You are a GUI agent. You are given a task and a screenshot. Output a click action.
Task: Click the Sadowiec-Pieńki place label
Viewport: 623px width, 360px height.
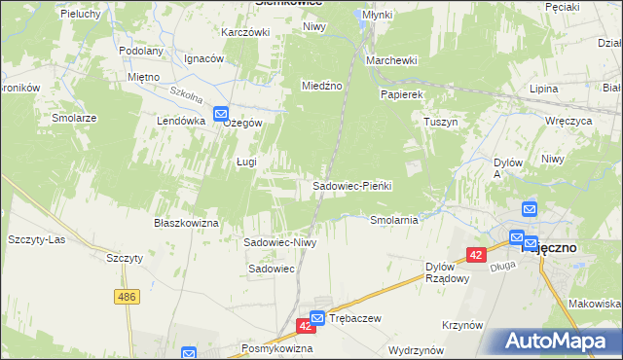351,186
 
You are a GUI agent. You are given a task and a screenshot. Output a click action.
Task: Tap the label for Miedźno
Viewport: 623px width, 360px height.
322,86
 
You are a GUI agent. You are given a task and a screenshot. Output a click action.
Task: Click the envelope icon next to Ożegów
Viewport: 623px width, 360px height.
221,113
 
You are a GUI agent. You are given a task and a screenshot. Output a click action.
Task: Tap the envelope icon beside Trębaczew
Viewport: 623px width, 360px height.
317,318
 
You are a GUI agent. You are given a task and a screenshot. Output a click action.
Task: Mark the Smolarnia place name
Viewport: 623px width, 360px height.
394,220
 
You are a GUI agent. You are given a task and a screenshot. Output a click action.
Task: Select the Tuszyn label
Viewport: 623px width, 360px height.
440,123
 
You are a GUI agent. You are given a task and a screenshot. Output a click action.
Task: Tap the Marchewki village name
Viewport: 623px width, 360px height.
391,60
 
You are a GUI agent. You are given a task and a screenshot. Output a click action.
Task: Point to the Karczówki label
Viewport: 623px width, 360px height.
244,32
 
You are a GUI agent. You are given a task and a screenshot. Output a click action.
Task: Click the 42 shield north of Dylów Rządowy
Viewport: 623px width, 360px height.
476,254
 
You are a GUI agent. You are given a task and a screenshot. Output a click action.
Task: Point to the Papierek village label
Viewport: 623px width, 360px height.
401,94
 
